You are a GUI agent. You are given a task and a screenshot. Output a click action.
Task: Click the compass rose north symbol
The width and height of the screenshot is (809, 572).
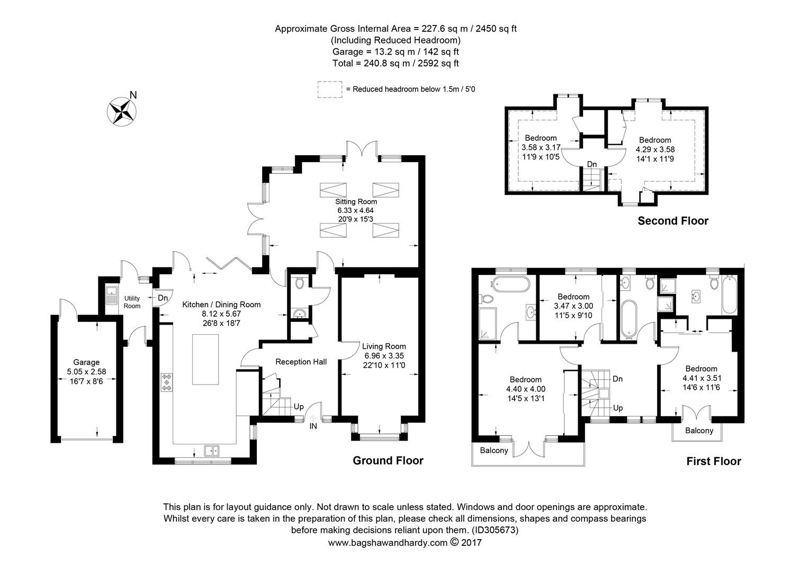[x=123, y=111]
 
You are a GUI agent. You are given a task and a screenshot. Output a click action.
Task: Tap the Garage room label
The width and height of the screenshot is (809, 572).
[x=86, y=362]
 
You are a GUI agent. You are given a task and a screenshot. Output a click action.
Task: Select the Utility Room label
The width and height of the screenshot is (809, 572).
[x=132, y=302]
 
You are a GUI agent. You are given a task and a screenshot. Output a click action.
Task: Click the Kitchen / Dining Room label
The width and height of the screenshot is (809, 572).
[x=221, y=305]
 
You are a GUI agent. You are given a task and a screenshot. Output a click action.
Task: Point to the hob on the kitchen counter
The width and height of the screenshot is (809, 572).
[x=167, y=382]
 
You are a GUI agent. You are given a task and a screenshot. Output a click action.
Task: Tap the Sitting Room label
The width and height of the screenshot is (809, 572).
[x=356, y=201]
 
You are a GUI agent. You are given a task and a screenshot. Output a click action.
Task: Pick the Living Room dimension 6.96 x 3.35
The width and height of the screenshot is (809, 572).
[x=384, y=356]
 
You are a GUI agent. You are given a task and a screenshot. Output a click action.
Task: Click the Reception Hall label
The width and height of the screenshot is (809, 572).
[x=301, y=362]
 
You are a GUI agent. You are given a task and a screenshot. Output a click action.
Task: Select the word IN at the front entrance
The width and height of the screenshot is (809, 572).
[x=313, y=425]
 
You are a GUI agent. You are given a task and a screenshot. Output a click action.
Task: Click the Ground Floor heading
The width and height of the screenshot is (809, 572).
[x=388, y=461]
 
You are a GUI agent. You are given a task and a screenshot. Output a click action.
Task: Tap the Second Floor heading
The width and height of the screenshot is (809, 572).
[x=672, y=221]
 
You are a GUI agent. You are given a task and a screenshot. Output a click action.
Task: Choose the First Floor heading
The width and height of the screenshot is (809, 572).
[x=713, y=461]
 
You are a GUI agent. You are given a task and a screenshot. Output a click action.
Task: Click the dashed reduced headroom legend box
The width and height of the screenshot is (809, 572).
[x=330, y=90]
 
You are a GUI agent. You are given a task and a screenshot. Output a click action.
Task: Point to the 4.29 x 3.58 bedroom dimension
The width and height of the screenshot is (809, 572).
[x=655, y=149]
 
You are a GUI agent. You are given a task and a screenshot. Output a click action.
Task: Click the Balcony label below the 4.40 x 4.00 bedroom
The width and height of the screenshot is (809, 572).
[x=493, y=451]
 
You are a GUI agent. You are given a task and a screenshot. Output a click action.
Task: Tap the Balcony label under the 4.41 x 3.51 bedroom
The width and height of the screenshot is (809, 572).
[x=699, y=431]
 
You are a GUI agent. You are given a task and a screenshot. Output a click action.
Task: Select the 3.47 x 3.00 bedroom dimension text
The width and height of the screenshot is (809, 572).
[x=573, y=306]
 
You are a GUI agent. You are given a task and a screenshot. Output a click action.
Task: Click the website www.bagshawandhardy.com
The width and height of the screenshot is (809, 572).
[x=388, y=542]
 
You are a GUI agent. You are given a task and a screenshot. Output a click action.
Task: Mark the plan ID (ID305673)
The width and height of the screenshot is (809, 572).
[x=494, y=530]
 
